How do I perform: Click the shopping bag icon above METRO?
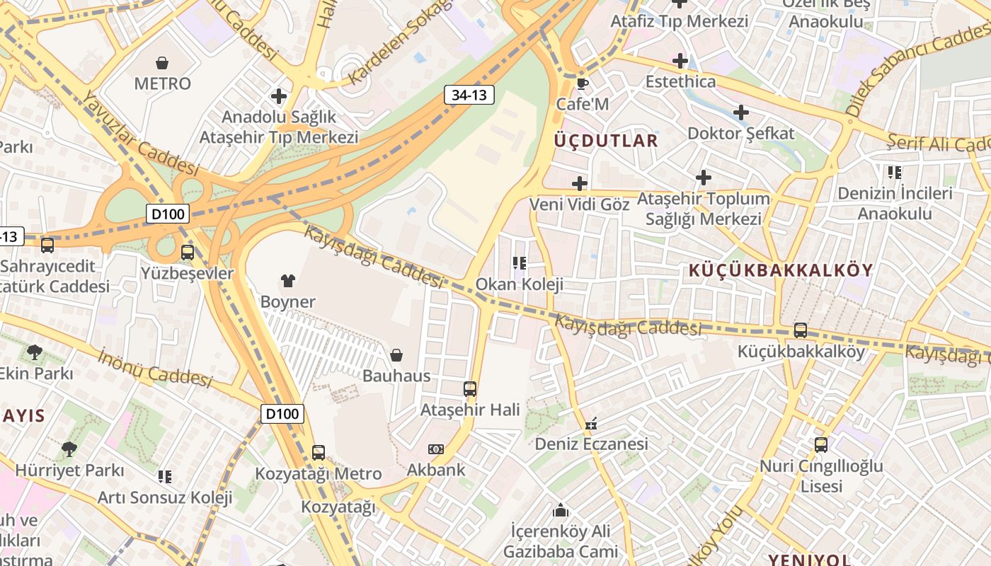coord(162,63)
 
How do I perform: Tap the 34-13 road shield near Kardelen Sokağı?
coord(469,95)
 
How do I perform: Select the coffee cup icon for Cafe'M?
coord(582,83)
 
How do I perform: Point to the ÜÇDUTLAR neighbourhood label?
coord(606,140)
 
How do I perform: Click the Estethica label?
coord(680,81)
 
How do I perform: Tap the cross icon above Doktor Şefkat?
coord(740,112)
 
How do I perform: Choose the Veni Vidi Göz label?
coord(580,204)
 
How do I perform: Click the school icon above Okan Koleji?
coord(520,263)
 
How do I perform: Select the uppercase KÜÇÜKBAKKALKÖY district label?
coord(781,270)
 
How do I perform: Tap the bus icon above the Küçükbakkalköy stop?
coord(800,330)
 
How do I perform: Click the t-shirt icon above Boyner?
coord(287,281)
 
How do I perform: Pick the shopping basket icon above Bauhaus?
coord(396,355)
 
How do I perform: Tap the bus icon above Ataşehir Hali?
coord(469,388)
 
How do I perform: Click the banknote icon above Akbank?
coord(436,449)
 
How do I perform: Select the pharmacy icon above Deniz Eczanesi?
coord(591,424)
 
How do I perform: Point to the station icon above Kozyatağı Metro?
coord(318,452)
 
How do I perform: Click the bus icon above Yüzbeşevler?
coord(187,253)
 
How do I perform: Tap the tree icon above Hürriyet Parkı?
coord(69,449)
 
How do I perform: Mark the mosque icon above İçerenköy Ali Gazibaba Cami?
coord(561,510)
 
